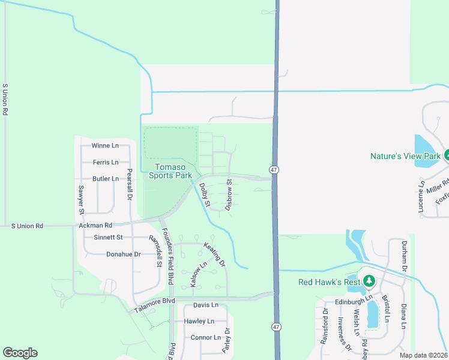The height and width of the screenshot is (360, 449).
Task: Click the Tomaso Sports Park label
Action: [173, 172]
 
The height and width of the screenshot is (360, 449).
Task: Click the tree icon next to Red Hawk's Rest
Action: [370, 281]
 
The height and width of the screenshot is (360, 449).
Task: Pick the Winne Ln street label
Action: [105, 146]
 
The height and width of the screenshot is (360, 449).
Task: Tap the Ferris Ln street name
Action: [106, 163]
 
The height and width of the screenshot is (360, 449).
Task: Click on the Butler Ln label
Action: [105, 179]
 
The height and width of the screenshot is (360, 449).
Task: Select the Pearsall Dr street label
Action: [129, 184]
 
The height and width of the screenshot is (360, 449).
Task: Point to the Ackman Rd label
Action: [95, 226]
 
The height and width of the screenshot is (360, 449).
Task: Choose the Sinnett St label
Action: [108, 238]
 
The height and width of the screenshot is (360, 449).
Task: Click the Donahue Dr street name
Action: [123, 254]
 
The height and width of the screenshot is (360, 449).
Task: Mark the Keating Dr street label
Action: [214, 254]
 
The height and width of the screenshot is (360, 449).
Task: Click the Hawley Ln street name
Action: [199, 321]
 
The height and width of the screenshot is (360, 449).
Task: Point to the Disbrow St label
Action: [229, 194]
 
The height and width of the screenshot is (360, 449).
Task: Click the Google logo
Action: [20, 353]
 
